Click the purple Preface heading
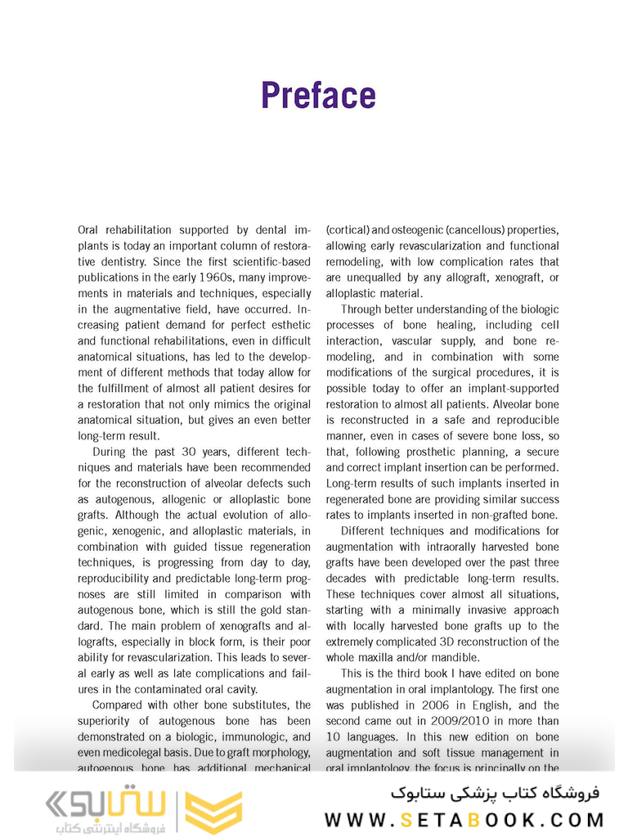pyautogui.click(x=318, y=96)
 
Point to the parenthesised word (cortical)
pyautogui.click(x=348, y=230)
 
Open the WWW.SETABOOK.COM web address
pyautogui.click(x=464, y=819)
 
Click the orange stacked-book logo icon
pyautogui.click(x=213, y=812)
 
